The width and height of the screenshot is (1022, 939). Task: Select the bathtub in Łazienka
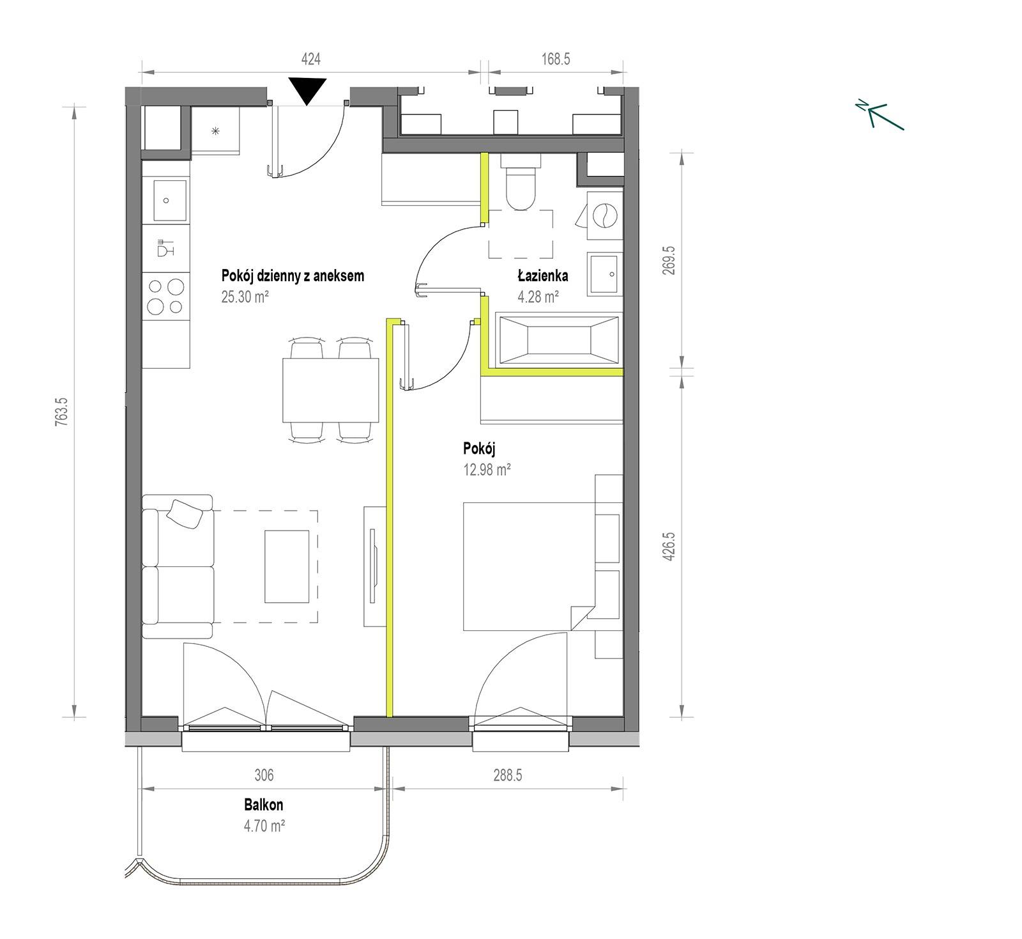coord(560,340)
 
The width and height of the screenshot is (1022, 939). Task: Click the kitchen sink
coord(166,200)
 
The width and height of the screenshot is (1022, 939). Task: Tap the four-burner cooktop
coord(166,297)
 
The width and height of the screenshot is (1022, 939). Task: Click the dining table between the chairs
coord(331,390)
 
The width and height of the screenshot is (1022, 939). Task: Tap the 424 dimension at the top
coord(310,59)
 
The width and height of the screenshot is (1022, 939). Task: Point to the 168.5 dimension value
coord(556,59)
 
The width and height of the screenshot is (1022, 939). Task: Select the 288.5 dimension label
coord(507,775)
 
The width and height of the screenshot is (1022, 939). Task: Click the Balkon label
coord(263,805)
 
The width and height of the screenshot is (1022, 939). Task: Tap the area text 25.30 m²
coord(245,297)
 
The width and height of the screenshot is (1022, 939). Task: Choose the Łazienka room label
coord(543,276)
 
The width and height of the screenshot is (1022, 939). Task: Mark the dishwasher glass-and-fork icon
coord(165,247)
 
